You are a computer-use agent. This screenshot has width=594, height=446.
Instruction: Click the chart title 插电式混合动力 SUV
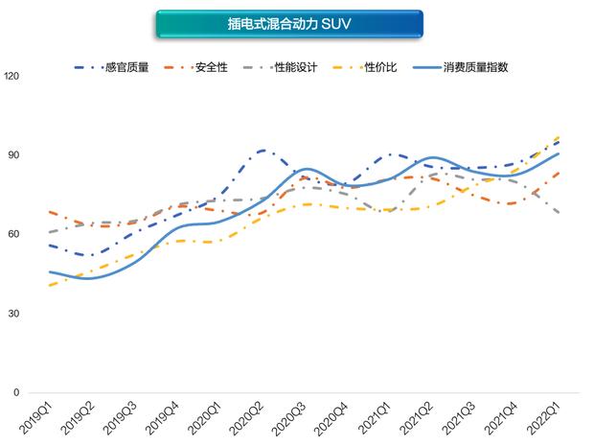coord(289,24)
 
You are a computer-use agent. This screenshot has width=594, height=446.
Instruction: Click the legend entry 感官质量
coord(128,68)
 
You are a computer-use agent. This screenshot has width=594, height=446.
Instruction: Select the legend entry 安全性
coord(211,68)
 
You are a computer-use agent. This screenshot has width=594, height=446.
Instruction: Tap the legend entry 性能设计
coord(291,68)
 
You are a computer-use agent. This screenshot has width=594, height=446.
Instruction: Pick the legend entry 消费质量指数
coord(475,68)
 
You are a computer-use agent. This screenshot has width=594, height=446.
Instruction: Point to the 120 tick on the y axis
coord(12,77)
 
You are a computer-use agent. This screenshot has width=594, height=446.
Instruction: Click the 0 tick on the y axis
coord(17,393)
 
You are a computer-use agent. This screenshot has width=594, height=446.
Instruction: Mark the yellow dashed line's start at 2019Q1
coord(49,285)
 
